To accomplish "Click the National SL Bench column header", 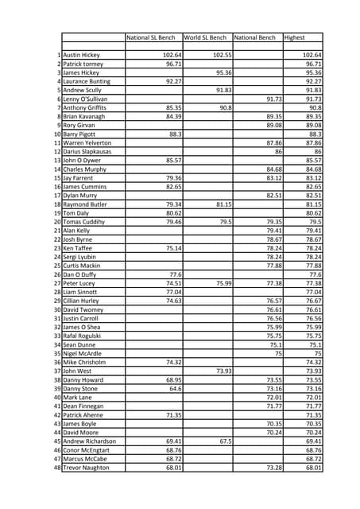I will (150, 37).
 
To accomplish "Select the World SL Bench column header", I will (205, 37).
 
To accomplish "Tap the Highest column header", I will (295, 37).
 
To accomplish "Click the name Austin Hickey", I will (82, 55).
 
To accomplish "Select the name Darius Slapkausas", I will (87, 151).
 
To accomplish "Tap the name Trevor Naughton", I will (87, 467).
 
